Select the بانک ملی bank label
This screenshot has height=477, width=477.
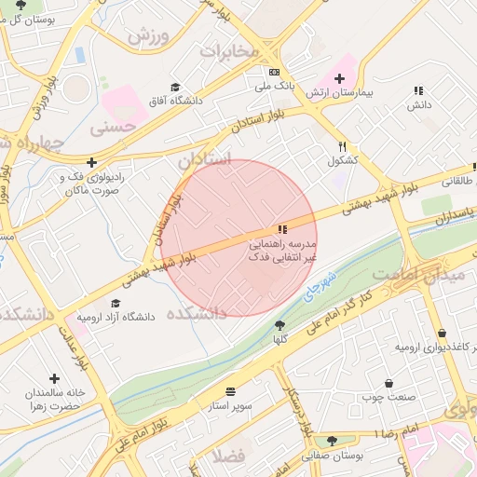pyautogui.click(x=274, y=86)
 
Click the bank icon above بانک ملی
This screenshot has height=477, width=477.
pyautogui.click(x=274, y=72)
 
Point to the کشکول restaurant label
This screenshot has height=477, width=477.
pyautogui.click(x=343, y=160)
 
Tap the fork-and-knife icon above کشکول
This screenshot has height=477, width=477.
pyautogui.click(x=343, y=146)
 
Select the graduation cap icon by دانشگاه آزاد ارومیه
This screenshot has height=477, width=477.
pyautogui.click(x=116, y=303)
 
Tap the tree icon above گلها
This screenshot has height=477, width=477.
pyautogui.click(x=279, y=324)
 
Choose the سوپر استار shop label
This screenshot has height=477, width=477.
pyautogui.click(x=231, y=407)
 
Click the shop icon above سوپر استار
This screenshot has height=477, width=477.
pyautogui.click(x=231, y=393)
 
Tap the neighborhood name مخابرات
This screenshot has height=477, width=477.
pyautogui.click(x=228, y=50)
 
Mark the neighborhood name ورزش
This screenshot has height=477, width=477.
pyautogui.click(x=148, y=38)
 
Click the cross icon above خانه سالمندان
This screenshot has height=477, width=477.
pyautogui.click(x=54, y=379)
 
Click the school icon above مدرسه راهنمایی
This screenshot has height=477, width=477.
pyautogui.click(x=281, y=229)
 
